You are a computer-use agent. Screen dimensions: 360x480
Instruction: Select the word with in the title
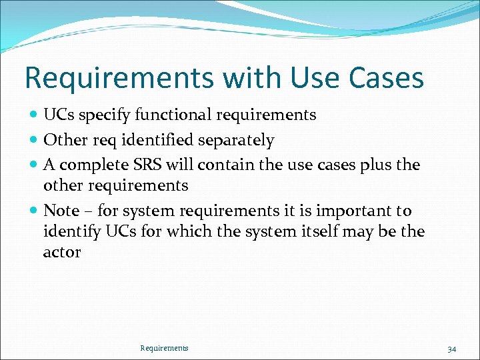point(251,78)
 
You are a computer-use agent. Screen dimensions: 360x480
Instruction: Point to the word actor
point(62,253)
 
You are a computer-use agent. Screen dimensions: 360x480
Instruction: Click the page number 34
point(451,349)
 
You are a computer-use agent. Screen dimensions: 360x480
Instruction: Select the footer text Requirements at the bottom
point(164,348)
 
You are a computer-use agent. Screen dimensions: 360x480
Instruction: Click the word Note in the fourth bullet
point(61,211)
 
